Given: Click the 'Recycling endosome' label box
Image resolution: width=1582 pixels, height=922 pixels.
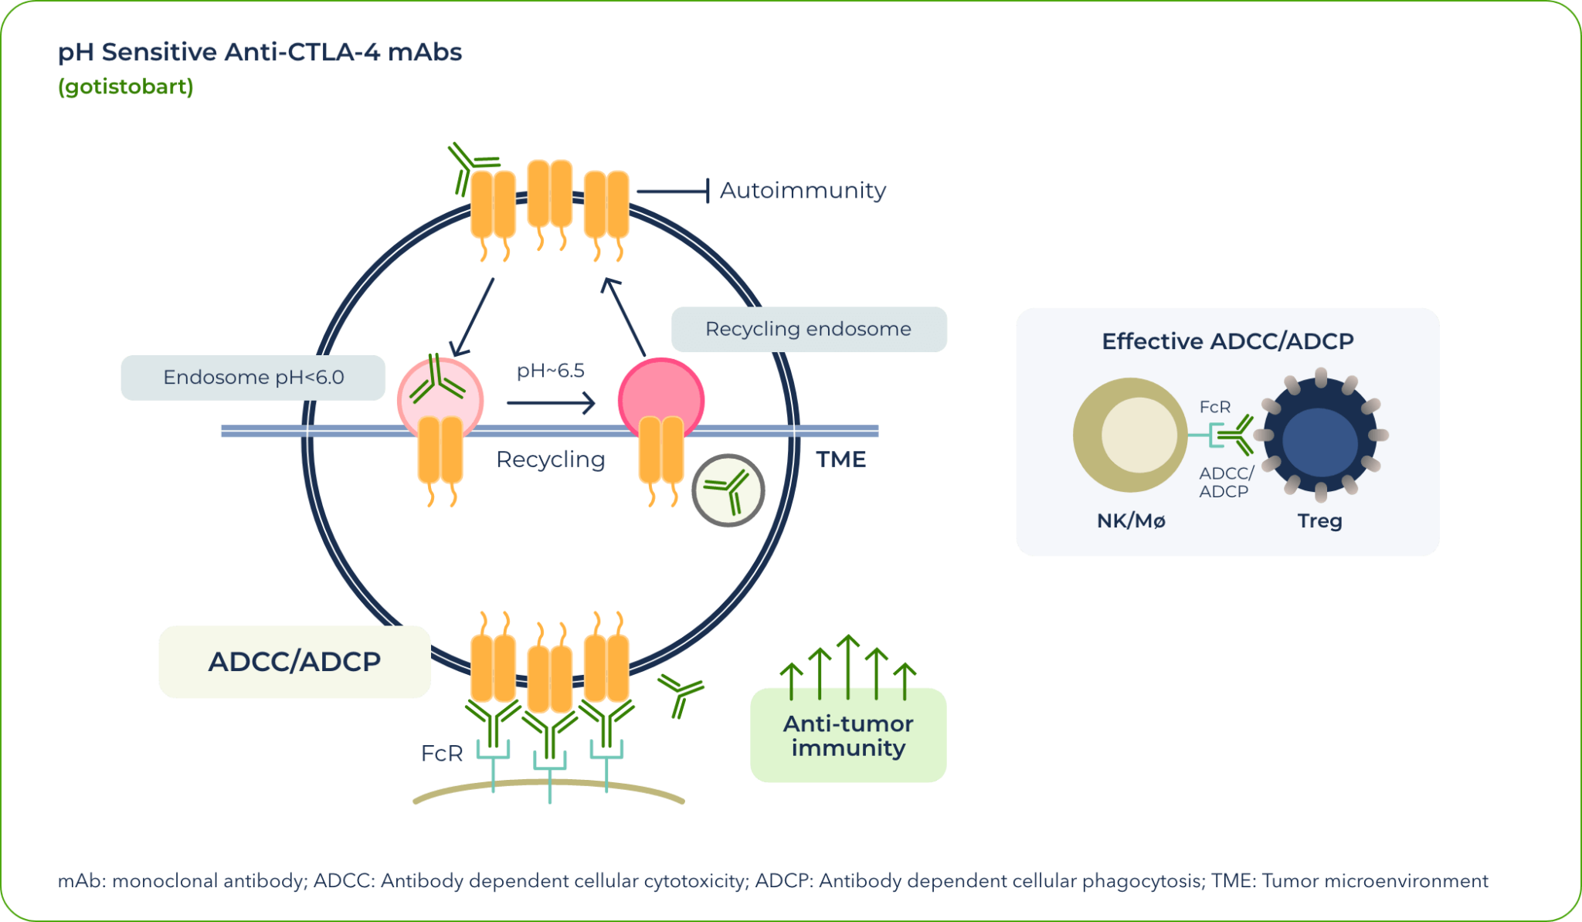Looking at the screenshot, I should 809,330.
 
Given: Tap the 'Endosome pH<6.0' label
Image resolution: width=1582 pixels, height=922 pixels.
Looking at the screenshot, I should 253,378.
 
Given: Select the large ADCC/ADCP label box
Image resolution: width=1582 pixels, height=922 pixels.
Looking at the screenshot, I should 294,662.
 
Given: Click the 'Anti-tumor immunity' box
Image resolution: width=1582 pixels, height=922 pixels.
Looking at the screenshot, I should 848,736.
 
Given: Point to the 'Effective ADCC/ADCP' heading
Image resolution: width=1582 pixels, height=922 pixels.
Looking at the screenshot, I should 1227,341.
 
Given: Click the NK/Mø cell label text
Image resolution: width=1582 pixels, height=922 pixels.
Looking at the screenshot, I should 1131,521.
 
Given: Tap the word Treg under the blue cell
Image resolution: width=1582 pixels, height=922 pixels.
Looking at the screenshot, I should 1319,521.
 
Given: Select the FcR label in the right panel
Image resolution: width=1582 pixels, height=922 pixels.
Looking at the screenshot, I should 1214,407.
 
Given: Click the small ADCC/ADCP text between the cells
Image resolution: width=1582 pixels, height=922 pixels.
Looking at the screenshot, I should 1226,482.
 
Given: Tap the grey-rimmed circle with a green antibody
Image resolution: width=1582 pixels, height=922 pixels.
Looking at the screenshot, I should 728,490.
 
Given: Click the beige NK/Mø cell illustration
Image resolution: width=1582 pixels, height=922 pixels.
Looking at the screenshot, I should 1129,435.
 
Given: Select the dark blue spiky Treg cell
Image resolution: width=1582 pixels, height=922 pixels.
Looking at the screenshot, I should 1320,438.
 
